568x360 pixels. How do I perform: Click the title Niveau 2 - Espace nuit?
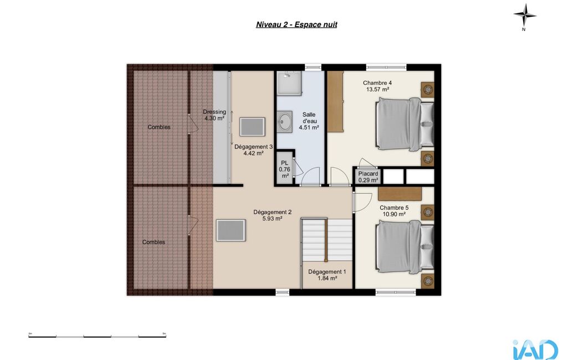(x=296, y=24)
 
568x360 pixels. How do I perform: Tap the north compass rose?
(x=525, y=15)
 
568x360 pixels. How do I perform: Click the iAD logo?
(x=535, y=350)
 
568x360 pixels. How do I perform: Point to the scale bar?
(x=97, y=336)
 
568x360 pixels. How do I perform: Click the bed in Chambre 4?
(x=405, y=124)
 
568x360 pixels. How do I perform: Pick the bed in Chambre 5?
(x=405, y=247)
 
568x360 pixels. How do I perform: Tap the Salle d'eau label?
(x=309, y=121)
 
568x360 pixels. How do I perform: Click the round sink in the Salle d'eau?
(x=285, y=121)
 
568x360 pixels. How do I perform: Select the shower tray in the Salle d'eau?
(x=289, y=83)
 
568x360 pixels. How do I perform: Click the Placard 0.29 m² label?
(x=368, y=177)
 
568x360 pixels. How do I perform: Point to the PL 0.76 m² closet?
(x=285, y=169)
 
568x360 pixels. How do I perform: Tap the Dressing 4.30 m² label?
(x=214, y=115)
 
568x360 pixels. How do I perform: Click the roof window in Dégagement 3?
(x=252, y=127)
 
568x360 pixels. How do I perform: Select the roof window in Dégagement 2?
(x=231, y=230)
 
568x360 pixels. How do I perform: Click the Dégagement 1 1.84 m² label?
(x=327, y=275)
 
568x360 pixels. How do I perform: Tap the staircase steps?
(x=327, y=239)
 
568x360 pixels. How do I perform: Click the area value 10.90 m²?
(x=394, y=214)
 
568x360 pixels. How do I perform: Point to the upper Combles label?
(x=159, y=127)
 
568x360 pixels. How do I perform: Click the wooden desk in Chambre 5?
(x=400, y=193)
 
